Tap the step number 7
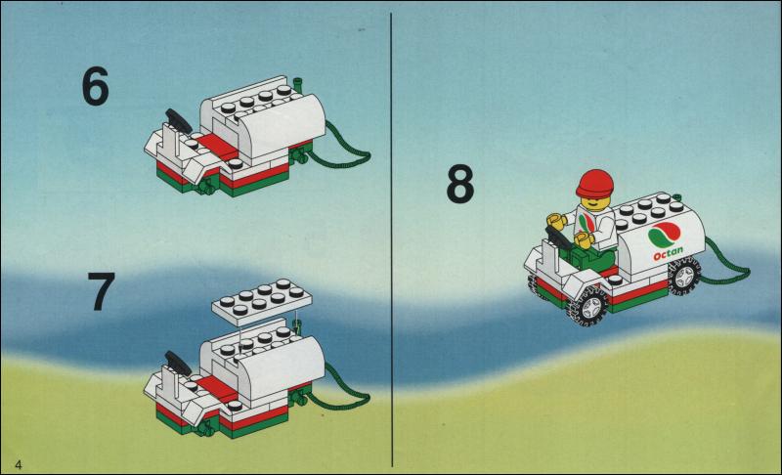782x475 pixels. pyautogui.click(x=102, y=291)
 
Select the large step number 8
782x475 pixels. pyautogui.click(x=459, y=184)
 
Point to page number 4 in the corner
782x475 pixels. pyautogui.click(x=19, y=464)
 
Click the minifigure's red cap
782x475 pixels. pyautogui.click(x=594, y=183)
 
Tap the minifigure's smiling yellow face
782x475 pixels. pyautogui.click(x=592, y=202)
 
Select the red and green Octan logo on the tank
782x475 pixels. pyautogui.click(x=665, y=235)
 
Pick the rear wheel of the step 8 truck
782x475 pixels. pyautogui.click(x=684, y=276)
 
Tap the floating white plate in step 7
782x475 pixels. pyautogui.click(x=262, y=302)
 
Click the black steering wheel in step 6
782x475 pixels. pyautogui.click(x=178, y=120)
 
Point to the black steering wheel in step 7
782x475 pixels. pyautogui.click(x=178, y=364)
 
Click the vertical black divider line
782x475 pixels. pyautogui.click(x=392, y=239)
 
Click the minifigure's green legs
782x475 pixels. pyautogui.click(x=587, y=259)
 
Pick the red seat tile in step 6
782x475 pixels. pyautogui.click(x=216, y=145)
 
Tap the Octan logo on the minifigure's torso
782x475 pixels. pyautogui.click(x=587, y=223)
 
